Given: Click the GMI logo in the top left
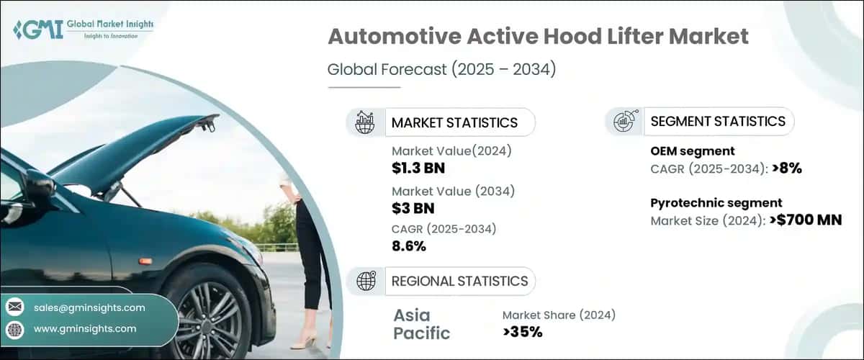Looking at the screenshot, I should click(83, 30).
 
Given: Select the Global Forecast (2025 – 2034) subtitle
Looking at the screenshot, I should click(442, 70).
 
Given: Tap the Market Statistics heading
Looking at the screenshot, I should click(454, 122).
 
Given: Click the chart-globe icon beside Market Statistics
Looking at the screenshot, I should click(365, 122).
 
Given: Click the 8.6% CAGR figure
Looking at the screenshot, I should click(409, 246).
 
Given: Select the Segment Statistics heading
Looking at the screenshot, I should click(717, 122).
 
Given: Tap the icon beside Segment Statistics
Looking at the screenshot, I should click(624, 122).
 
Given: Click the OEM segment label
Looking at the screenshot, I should click(692, 151).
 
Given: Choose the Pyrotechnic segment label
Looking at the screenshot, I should click(716, 203).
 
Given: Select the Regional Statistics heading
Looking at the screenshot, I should click(459, 281).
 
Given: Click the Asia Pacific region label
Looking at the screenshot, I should click(422, 324).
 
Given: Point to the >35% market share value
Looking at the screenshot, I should click(522, 332).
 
